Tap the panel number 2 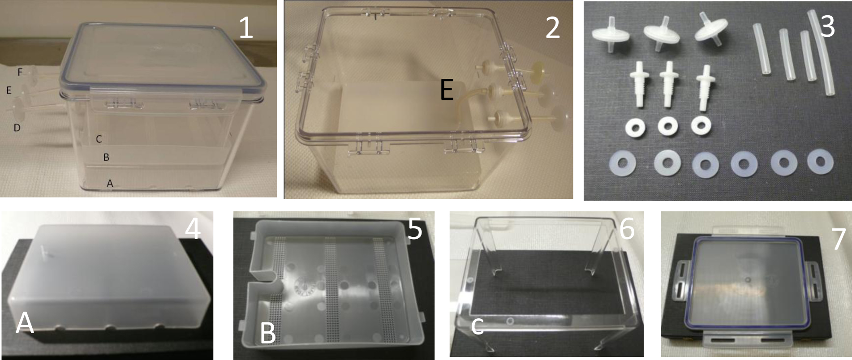[552, 27]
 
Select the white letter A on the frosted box [25, 322]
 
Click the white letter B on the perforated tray [268, 333]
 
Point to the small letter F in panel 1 [20, 72]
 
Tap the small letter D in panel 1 [17, 128]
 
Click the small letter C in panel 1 [99, 139]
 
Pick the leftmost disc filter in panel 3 [608, 34]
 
